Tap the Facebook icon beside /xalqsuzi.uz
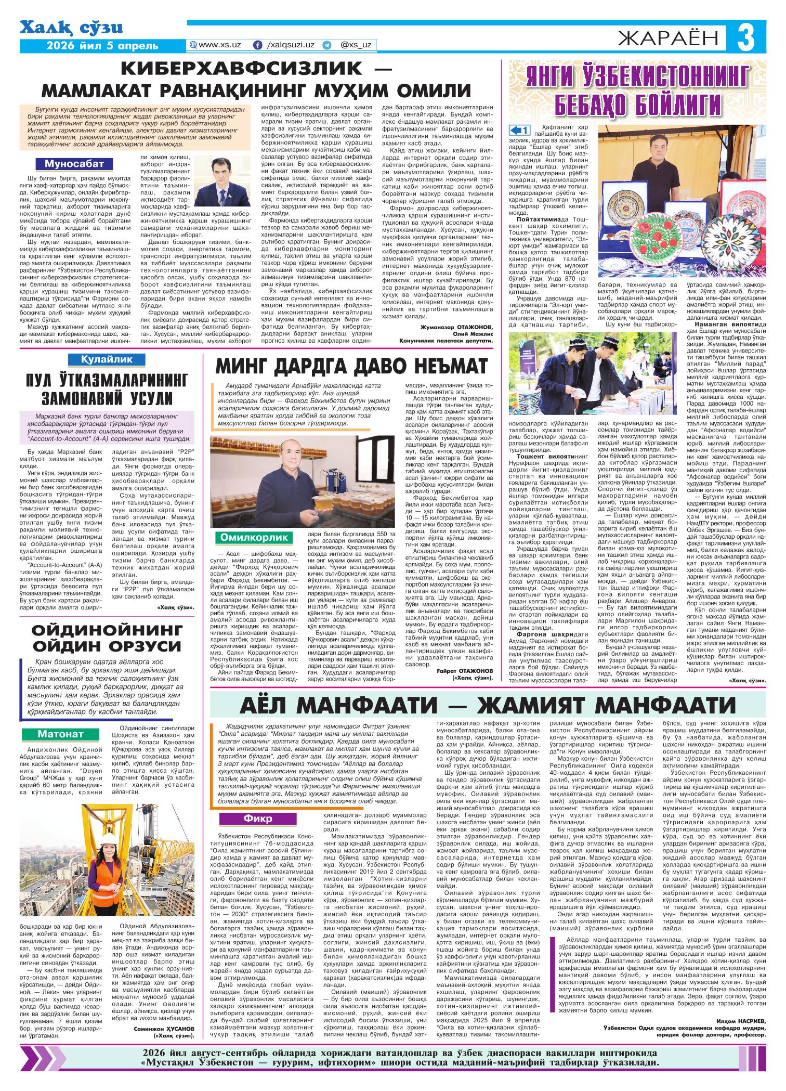257,45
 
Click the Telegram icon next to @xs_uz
326,45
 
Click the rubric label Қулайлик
107,359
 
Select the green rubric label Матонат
60,734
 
